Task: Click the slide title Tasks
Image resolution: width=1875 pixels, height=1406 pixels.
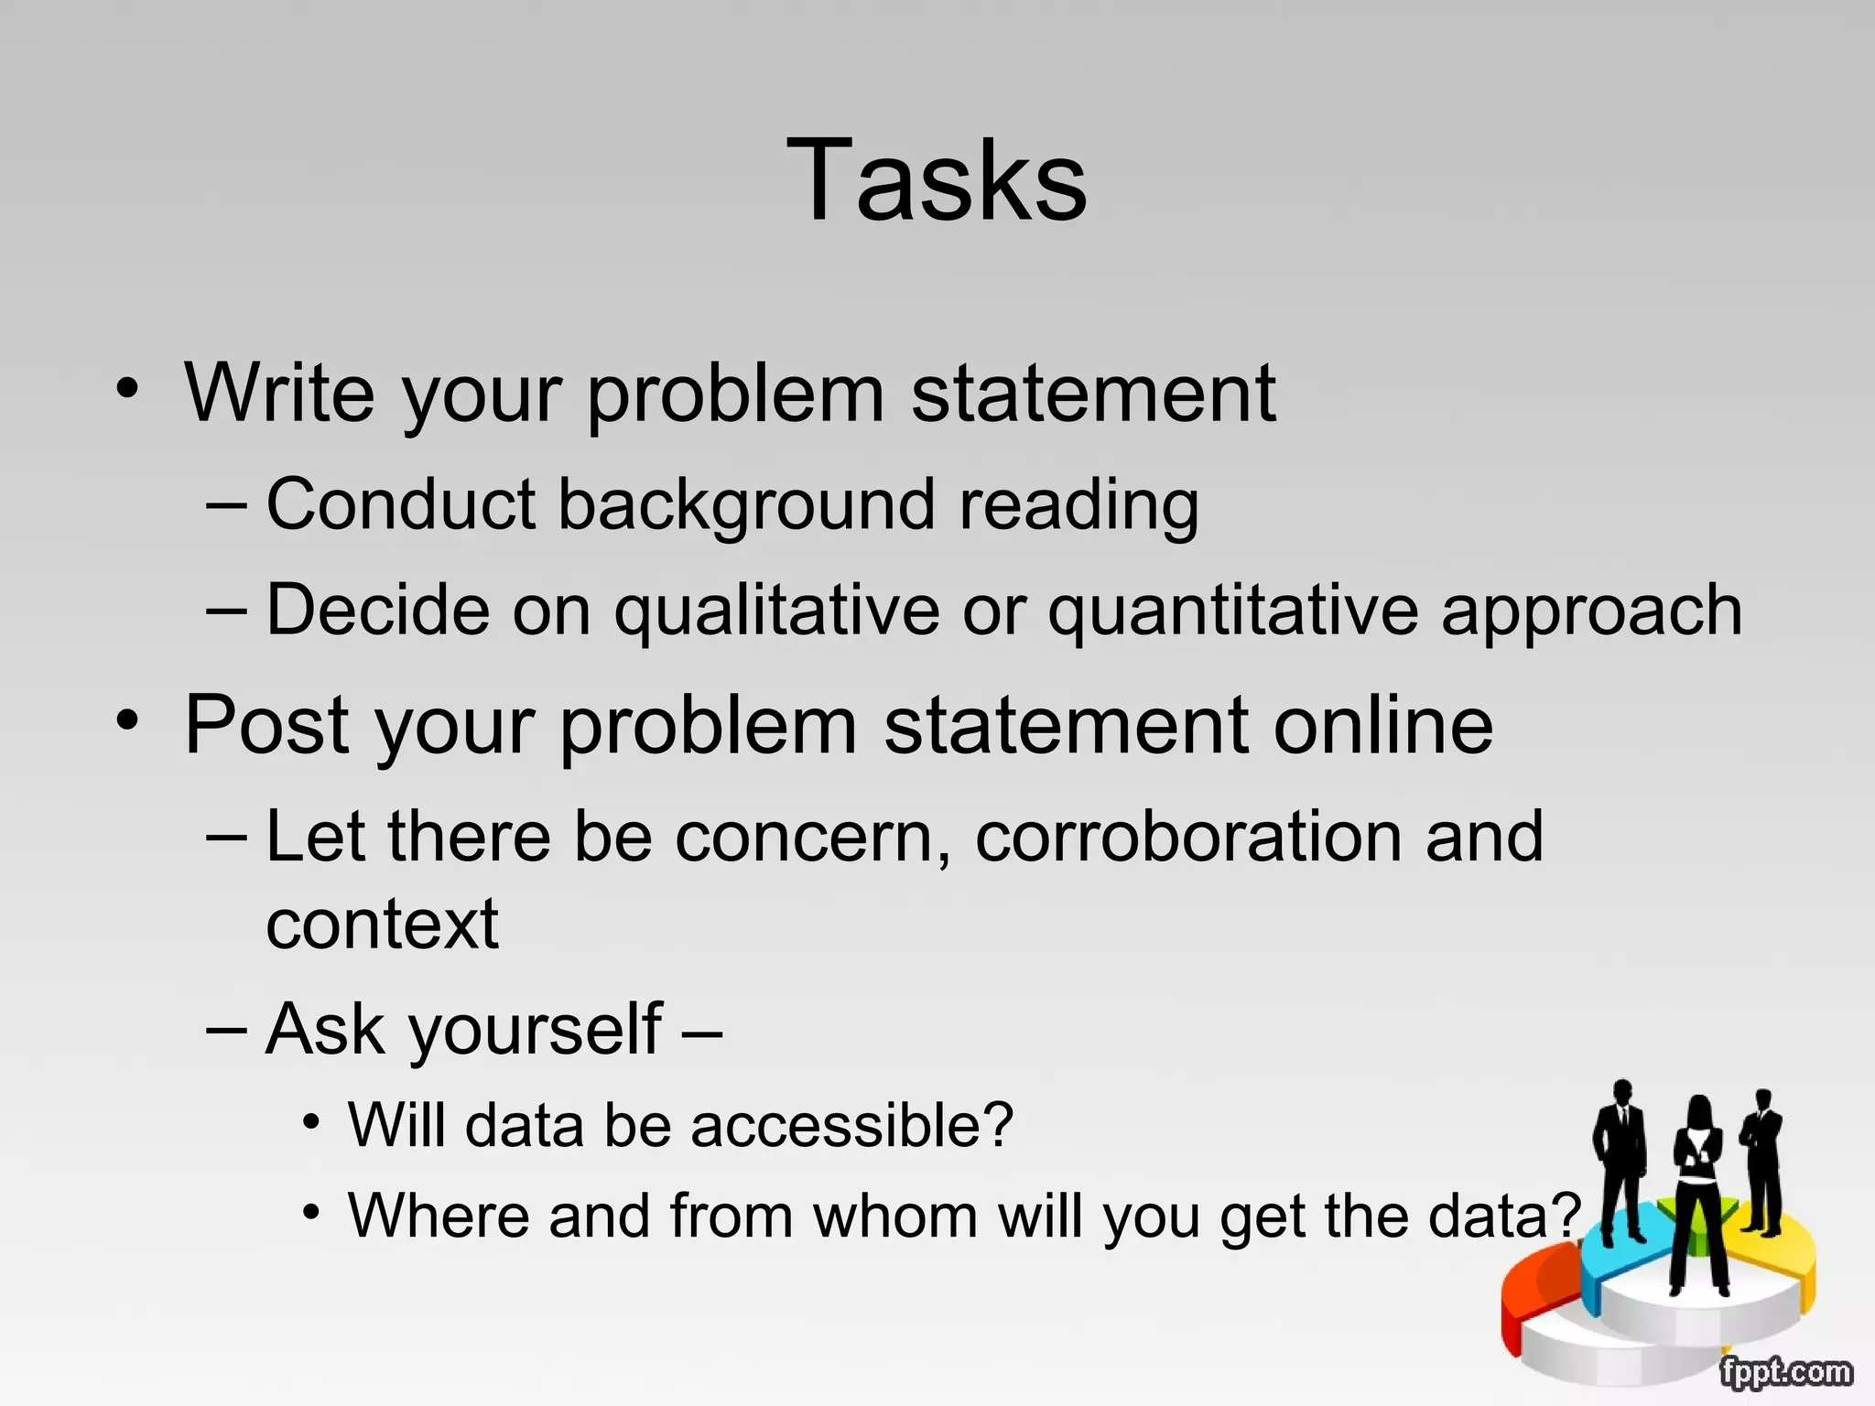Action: [x=937, y=179]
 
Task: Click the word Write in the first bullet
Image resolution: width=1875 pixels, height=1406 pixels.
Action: [x=280, y=394]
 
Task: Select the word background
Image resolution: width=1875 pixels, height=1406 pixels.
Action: [x=746, y=505]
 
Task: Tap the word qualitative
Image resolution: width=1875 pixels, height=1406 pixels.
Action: [x=776, y=611]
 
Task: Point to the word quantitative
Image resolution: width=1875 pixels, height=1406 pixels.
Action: [x=1232, y=611]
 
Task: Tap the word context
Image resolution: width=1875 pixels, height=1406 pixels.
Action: [x=382, y=925]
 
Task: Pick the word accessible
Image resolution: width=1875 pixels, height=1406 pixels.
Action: [x=851, y=1126]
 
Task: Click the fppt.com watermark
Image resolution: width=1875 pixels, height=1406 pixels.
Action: [x=1785, y=1372]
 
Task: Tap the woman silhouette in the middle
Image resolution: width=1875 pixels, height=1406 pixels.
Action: [x=1699, y=1190]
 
